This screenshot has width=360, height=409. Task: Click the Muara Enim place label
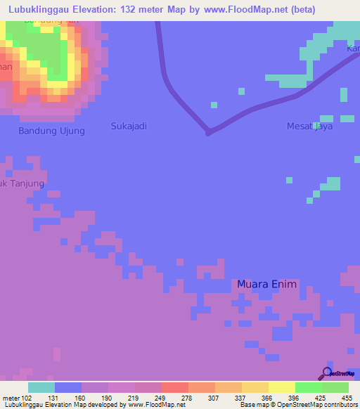[x=267, y=284]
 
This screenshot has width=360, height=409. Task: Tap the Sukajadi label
[x=129, y=126]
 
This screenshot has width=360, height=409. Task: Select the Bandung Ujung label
[x=51, y=131]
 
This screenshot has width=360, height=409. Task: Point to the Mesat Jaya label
[x=309, y=126]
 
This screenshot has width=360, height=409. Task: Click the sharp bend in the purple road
[x=208, y=131]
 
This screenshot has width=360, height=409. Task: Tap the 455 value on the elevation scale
[x=347, y=397]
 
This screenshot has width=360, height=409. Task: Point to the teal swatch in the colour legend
[x=41, y=387]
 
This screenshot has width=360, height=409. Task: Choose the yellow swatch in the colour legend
[x=281, y=387]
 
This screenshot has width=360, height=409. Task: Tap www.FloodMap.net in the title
[x=243, y=10]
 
